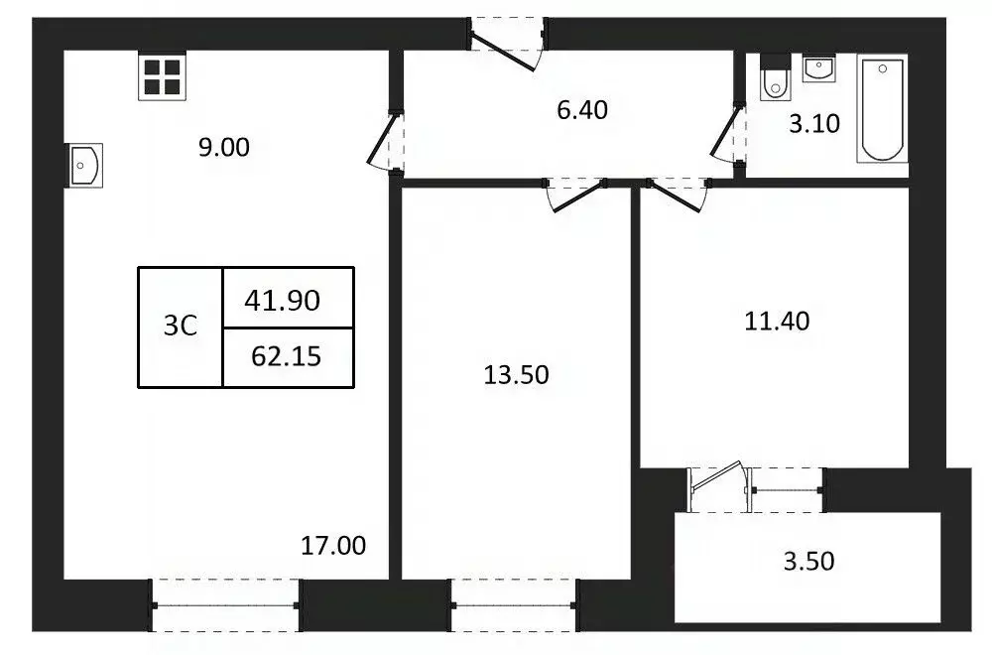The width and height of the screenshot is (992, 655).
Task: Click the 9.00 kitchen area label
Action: (x=223, y=148)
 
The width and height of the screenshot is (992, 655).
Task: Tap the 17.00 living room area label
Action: (x=333, y=545)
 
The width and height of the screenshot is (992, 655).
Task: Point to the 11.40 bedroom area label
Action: (x=778, y=321)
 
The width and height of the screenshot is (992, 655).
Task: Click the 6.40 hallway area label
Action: (x=581, y=109)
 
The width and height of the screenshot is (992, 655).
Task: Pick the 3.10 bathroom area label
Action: (x=814, y=124)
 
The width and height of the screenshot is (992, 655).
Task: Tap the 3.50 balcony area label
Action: (x=808, y=562)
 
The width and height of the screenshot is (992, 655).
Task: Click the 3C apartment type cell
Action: (x=181, y=327)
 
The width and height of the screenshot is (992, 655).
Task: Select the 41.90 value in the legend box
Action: (x=283, y=299)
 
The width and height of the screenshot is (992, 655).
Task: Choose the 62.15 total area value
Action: (x=286, y=356)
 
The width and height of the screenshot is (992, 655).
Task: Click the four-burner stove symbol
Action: (x=161, y=76)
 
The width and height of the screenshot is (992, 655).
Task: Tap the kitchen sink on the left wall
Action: (x=84, y=165)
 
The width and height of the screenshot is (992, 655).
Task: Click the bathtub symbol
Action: (x=882, y=109)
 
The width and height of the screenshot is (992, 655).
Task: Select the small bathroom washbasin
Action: (x=819, y=68)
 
